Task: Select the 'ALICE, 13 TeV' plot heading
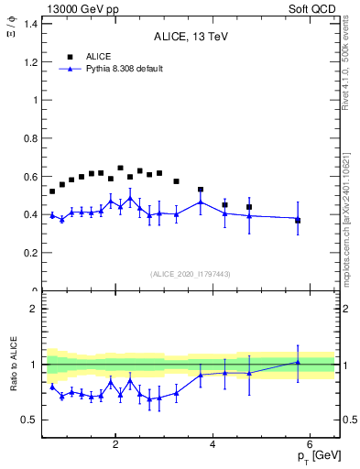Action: pos(191,37)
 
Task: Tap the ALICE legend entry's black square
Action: pos(68,56)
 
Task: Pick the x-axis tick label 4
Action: pos(213,445)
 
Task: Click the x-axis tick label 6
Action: pos(310,445)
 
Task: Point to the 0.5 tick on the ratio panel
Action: pos(32,420)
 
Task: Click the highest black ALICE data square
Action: pos(120,169)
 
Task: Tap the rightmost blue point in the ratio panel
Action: pos(298,362)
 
